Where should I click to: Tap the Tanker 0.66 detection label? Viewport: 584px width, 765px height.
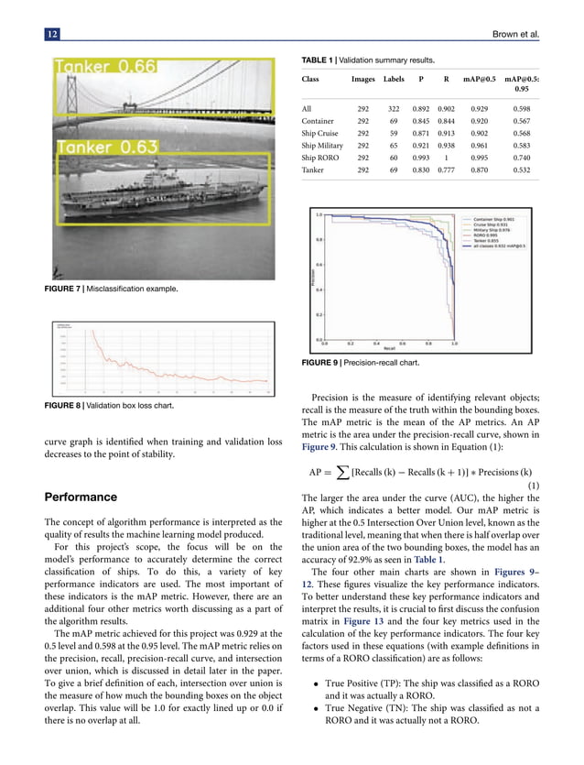(x=107, y=66)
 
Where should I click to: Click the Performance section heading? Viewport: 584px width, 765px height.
(x=81, y=497)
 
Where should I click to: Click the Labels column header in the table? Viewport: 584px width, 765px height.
(x=394, y=80)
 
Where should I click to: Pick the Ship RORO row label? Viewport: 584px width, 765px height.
(x=323, y=157)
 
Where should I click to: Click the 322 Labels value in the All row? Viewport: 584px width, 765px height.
(x=394, y=109)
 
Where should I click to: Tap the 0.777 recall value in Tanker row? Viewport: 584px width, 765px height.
(x=447, y=169)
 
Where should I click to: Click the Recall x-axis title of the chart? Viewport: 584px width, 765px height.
(x=389, y=349)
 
